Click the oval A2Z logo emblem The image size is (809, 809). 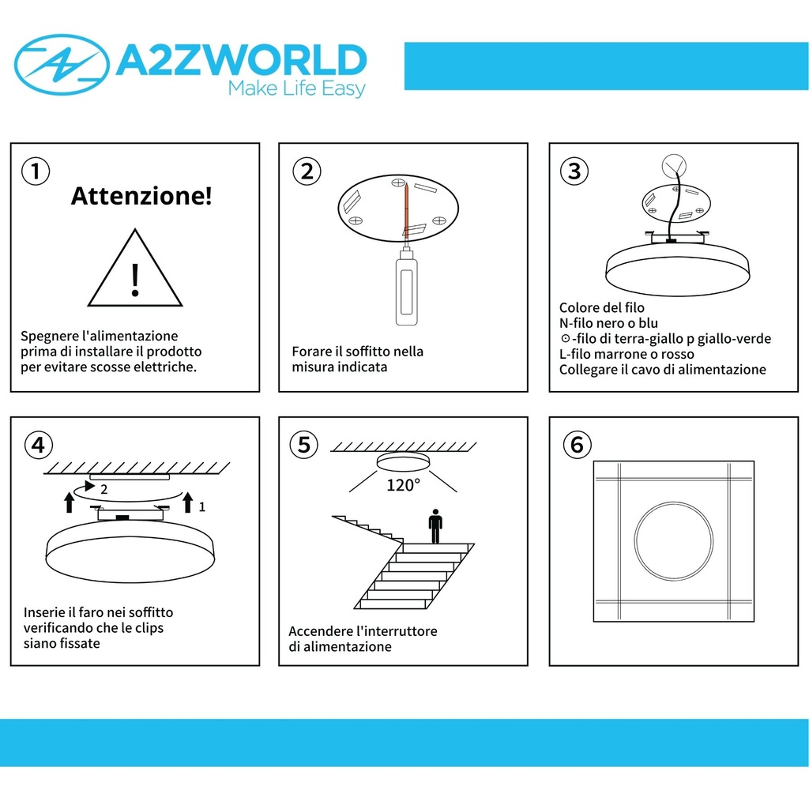(x=62, y=65)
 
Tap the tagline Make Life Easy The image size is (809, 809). (x=297, y=88)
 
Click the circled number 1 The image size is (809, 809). (x=36, y=171)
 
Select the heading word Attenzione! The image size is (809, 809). (x=141, y=196)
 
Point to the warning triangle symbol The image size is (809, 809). (x=134, y=269)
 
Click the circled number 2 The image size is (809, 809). (x=307, y=171)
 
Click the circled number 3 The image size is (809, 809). (x=574, y=171)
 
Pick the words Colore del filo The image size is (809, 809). (x=601, y=307)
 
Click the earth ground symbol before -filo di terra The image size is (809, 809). (x=565, y=338)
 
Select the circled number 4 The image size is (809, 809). (x=39, y=446)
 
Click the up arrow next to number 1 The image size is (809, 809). (x=188, y=502)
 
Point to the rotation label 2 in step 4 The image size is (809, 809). (x=103, y=489)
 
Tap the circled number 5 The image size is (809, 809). (x=304, y=445)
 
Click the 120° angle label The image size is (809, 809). (x=404, y=485)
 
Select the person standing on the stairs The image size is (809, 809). (x=435, y=526)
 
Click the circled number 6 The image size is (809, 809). (x=578, y=445)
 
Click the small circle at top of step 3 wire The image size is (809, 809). (x=675, y=166)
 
